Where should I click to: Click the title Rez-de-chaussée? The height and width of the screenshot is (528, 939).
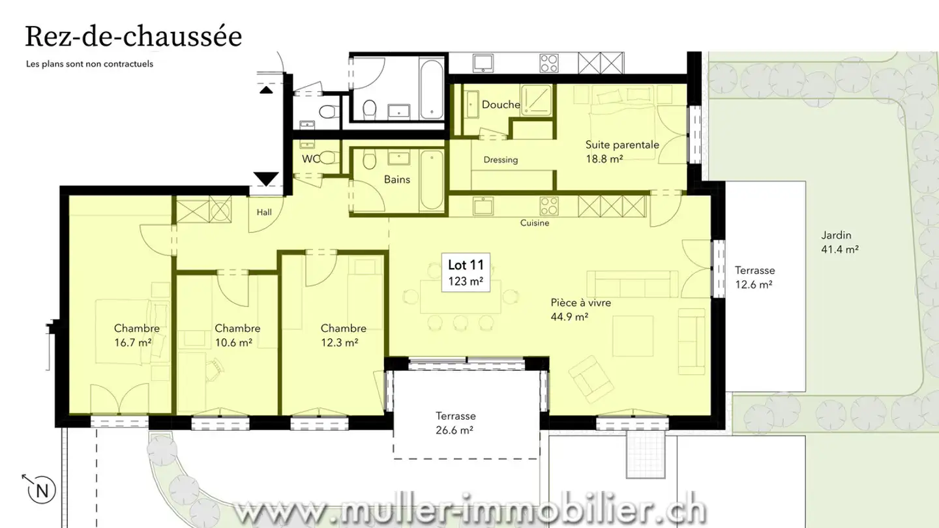point(133,37)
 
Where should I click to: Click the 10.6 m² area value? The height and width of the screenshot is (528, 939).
point(233,342)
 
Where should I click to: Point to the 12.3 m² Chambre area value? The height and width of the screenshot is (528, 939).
point(339,342)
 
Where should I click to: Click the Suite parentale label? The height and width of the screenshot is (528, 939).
point(622,145)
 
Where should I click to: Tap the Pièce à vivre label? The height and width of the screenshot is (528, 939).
point(580,303)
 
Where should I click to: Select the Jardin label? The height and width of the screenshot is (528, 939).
point(836,236)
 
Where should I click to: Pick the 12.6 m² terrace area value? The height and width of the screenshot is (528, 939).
point(754,284)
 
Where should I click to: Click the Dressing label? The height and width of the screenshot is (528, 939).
point(500,160)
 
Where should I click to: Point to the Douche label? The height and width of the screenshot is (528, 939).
point(501,105)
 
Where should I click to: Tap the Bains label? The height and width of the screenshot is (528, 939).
point(396,179)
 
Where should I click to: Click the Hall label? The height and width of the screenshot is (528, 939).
point(263,212)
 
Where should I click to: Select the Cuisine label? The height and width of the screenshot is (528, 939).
point(534,223)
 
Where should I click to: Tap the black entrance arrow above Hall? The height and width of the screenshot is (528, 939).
point(265,178)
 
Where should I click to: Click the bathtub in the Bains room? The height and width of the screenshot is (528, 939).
point(431,181)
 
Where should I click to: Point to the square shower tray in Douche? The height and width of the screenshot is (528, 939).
point(537,100)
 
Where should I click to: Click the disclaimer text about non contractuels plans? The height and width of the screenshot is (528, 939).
point(89,64)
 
